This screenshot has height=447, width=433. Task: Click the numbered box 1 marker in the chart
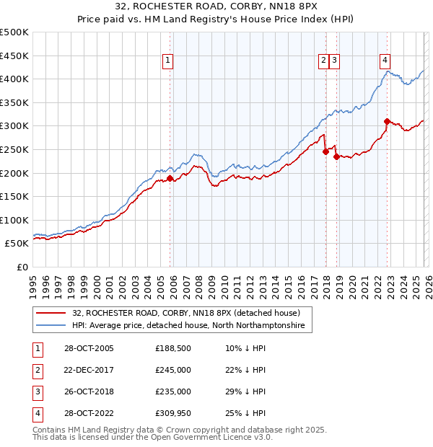point(167,61)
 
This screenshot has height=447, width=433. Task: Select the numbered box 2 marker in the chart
point(323,61)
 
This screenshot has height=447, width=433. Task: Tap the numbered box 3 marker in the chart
point(336,61)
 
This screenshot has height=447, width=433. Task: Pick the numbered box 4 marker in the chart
point(385,61)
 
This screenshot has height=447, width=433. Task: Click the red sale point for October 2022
point(388,121)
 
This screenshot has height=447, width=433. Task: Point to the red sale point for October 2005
point(170,178)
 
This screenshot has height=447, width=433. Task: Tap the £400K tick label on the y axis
point(14,79)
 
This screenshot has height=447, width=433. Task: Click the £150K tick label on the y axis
point(14,196)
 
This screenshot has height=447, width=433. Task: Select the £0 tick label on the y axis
point(22,267)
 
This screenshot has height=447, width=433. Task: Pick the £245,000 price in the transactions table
point(173,370)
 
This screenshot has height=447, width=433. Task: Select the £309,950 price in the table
point(173,413)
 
